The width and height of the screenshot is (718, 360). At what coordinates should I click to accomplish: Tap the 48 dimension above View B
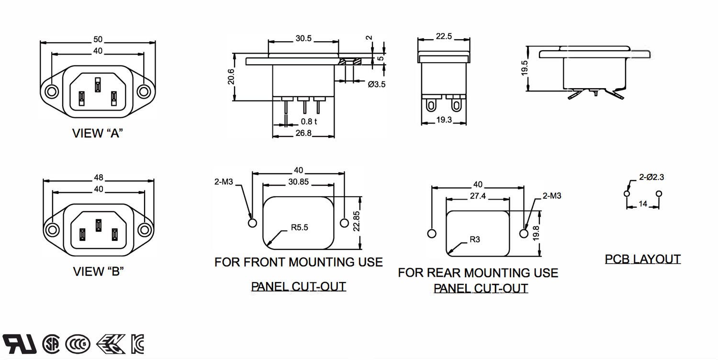tap(99, 177)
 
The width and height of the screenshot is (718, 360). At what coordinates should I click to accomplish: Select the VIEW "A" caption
tap(98, 133)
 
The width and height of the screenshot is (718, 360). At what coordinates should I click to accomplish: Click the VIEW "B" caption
tap(99, 271)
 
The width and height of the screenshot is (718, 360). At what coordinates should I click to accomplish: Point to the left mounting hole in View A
tap(51, 91)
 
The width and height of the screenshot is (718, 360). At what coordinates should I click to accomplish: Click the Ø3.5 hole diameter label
tap(377, 84)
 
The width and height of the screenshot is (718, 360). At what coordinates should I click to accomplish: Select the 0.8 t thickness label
tap(309, 122)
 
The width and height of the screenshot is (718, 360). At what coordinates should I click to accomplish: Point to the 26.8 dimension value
tap(303, 133)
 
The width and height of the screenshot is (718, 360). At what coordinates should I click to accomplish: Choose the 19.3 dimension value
tap(444, 120)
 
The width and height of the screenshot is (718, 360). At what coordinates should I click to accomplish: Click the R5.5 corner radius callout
tap(299, 227)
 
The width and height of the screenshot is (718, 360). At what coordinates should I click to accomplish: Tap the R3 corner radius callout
tap(474, 239)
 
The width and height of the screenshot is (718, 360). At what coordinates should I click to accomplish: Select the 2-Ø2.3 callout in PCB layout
tap(651, 177)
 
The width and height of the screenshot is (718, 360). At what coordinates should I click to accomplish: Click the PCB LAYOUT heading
tap(642, 259)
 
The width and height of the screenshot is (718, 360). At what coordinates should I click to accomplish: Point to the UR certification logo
tap(20, 343)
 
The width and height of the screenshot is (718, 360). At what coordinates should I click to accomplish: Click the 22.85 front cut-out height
tap(356, 221)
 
